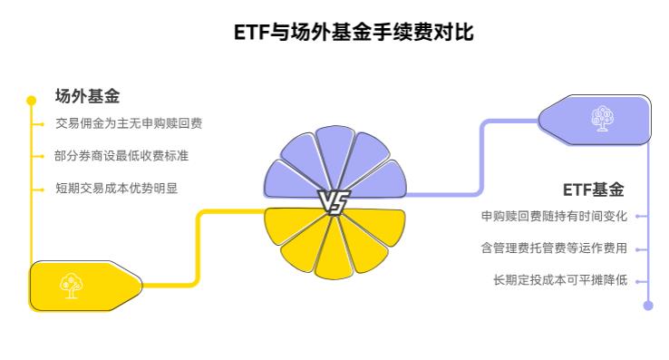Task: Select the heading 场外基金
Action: click(87, 96)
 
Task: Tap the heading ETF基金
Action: click(594, 190)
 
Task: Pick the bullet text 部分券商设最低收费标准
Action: click(121, 155)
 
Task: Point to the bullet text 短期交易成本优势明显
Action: click(115, 188)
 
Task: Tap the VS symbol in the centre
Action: click(334, 201)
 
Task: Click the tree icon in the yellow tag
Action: click(70, 286)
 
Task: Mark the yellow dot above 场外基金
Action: click(32, 100)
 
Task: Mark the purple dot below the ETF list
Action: click(648, 306)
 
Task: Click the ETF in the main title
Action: click(251, 33)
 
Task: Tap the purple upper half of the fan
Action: click(334, 163)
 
